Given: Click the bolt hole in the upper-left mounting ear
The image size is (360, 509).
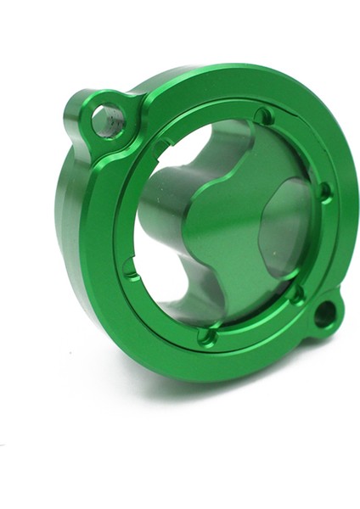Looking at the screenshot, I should click(x=109, y=120).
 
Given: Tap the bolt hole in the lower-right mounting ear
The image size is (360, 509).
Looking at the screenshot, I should click(x=323, y=316).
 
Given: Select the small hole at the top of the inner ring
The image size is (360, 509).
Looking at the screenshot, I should click(x=264, y=115).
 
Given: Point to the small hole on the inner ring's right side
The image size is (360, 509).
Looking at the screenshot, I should click(x=323, y=192).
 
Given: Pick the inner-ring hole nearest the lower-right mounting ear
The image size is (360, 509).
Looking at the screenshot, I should click(x=296, y=295).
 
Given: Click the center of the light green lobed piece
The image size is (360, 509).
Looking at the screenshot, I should click(x=225, y=222).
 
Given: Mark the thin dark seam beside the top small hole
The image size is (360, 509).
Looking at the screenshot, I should click(x=279, y=121).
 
